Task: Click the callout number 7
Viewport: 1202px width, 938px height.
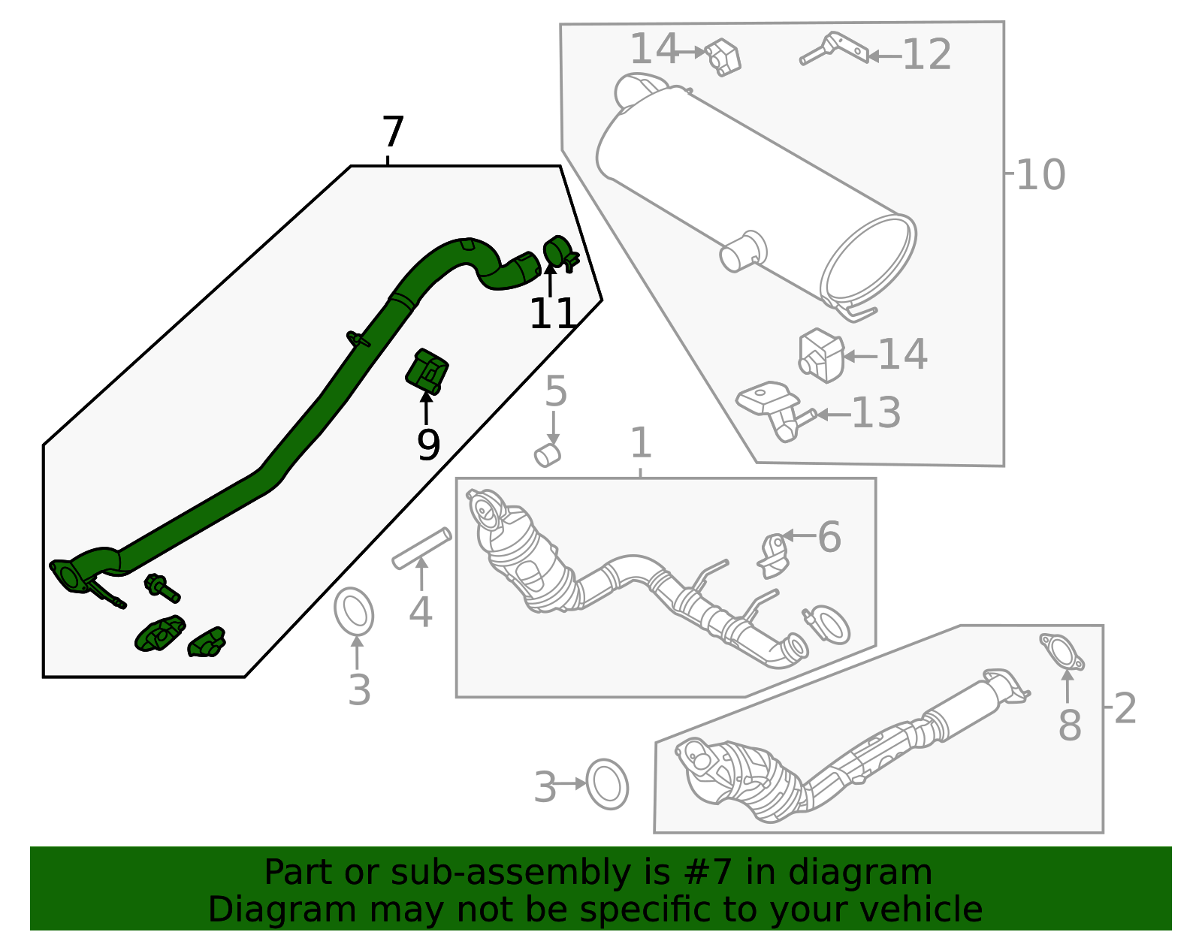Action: pyautogui.click(x=393, y=133)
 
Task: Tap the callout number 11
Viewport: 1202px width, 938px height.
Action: pyautogui.click(x=552, y=314)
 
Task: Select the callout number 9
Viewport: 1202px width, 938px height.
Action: pyautogui.click(x=428, y=446)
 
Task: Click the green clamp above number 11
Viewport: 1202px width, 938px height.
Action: pyautogui.click(x=558, y=252)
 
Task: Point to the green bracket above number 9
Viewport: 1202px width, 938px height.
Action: pyautogui.click(x=427, y=371)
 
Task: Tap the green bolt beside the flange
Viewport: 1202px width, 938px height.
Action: pyautogui.click(x=162, y=587)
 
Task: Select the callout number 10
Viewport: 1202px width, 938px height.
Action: pyautogui.click(x=1040, y=175)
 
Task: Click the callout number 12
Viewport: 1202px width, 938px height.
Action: pyautogui.click(x=927, y=55)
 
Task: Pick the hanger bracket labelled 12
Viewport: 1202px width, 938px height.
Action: pyautogui.click(x=834, y=48)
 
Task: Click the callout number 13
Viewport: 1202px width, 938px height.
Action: pyautogui.click(x=876, y=413)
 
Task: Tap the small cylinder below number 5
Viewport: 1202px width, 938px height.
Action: pyautogui.click(x=548, y=455)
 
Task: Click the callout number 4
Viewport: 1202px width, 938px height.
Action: pyautogui.click(x=421, y=611)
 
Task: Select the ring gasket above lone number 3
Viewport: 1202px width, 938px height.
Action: pyautogui.click(x=354, y=612)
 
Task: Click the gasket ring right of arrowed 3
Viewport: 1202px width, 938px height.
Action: pyautogui.click(x=607, y=784)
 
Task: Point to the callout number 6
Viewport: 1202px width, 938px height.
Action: pyautogui.click(x=829, y=537)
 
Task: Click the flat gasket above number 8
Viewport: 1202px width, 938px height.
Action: pyautogui.click(x=1062, y=651)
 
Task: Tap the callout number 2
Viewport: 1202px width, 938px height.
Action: pyautogui.click(x=1125, y=708)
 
